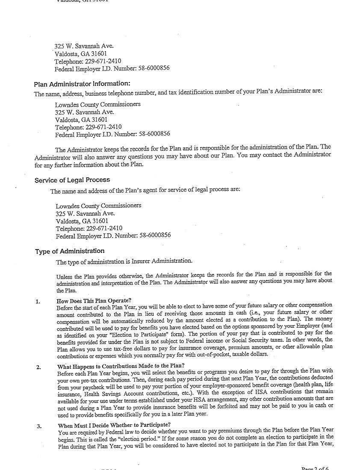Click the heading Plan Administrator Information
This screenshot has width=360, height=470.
pyautogui.click(x=82, y=84)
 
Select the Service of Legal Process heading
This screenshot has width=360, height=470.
pyautogui.click(x=72, y=180)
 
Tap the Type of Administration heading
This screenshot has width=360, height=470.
pyautogui.click(x=70, y=251)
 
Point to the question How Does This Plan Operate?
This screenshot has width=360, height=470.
pyautogui.click(x=94, y=301)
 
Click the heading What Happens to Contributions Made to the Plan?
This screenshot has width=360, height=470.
pyautogui.click(x=121, y=366)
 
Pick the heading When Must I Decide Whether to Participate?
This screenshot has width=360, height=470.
pyautogui.click(x=114, y=425)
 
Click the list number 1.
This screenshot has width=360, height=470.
pyautogui.click(x=38, y=302)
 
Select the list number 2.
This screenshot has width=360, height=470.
pyautogui.click(x=38, y=367)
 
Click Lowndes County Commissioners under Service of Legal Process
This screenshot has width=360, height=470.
pyautogui.click(x=98, y=206)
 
